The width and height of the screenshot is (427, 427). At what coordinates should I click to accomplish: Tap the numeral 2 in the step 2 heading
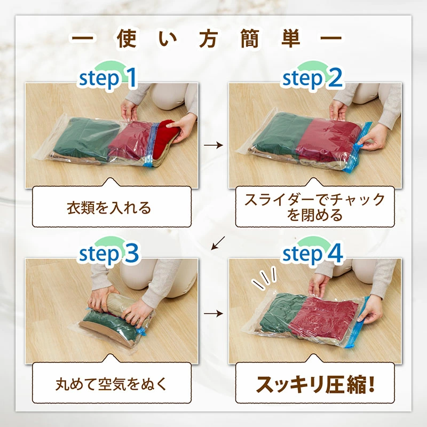point(335,78)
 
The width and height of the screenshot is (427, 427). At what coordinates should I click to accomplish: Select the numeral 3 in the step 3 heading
point(132,253)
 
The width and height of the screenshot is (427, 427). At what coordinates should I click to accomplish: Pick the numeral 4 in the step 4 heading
point(335,253)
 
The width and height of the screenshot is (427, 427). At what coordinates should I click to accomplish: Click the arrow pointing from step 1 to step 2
point(213,145)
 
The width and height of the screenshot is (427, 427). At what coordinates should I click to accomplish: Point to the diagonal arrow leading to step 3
point(218,243)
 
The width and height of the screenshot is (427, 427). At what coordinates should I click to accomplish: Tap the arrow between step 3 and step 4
point(213,313)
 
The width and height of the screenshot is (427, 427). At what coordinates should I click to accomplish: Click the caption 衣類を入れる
point(109,208)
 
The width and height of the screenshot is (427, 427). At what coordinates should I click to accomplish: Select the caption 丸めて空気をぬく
point(112,384)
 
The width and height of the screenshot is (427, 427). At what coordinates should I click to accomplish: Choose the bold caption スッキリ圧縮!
point(315,384)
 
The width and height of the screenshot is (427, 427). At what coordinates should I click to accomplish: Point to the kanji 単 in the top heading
point(291,39)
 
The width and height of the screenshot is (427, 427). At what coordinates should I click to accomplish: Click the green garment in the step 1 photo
point(86,139)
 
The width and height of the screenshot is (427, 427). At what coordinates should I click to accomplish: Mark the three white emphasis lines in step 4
point(264,278)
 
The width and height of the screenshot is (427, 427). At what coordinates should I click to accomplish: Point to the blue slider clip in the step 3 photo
point(140,331)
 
